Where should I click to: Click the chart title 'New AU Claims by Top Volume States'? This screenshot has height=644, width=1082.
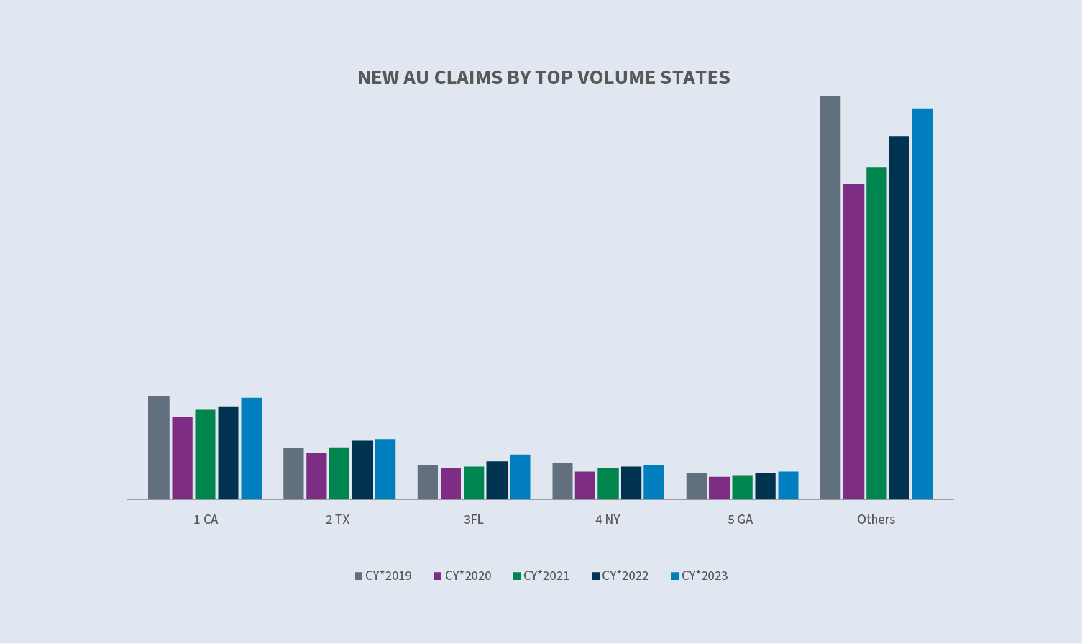(544, 78)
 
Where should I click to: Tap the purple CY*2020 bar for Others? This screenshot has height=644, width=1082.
(853, 341)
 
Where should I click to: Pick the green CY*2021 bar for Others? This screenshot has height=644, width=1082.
(876, 332)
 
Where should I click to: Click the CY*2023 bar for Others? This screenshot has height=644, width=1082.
(922, 303)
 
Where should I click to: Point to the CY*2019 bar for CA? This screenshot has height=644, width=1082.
(159, 447)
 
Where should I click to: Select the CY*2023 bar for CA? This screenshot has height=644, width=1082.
(252, 448)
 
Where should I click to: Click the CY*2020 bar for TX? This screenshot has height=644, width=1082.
(316, 475)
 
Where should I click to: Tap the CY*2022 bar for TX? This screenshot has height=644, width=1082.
(362, 469)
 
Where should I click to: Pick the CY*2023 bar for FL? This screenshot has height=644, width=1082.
(520, 476)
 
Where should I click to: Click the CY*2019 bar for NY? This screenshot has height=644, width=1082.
(562, 481)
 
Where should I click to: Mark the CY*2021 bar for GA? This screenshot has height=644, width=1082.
(743, 486)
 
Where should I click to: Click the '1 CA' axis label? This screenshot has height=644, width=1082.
(206, 520)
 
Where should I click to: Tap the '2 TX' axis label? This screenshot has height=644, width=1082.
(337, 520)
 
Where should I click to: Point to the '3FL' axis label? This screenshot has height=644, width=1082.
(474, 520)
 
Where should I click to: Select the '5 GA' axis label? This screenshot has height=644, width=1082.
(740, 520)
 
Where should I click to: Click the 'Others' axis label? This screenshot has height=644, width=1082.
(876, 520)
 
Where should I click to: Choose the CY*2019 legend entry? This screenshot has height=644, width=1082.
(383, 576)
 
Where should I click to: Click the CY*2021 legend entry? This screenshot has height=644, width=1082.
(541, 576)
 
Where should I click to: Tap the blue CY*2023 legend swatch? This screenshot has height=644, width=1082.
(675, 576)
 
